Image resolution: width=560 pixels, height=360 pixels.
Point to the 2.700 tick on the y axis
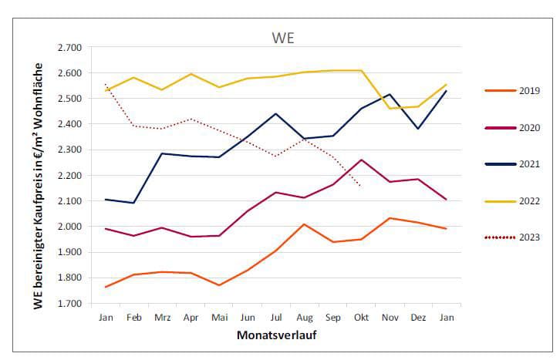click(70, 48)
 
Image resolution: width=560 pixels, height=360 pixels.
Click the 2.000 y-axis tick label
click(70, 227)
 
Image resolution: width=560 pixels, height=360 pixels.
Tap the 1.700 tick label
click(70, 303)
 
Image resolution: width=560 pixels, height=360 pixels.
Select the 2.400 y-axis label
click(70, 124)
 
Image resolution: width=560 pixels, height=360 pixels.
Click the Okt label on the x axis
click(360, 316)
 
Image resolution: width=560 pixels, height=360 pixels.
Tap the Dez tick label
click(418, 316)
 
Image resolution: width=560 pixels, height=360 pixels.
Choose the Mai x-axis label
click(220, 316)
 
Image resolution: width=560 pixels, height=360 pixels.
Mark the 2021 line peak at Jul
click(276, 114)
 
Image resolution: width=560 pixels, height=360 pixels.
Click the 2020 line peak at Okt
click(360, 160)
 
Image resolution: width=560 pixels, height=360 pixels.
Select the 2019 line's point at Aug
click(304, 224)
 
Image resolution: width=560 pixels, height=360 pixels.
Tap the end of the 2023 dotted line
click(360, 186)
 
